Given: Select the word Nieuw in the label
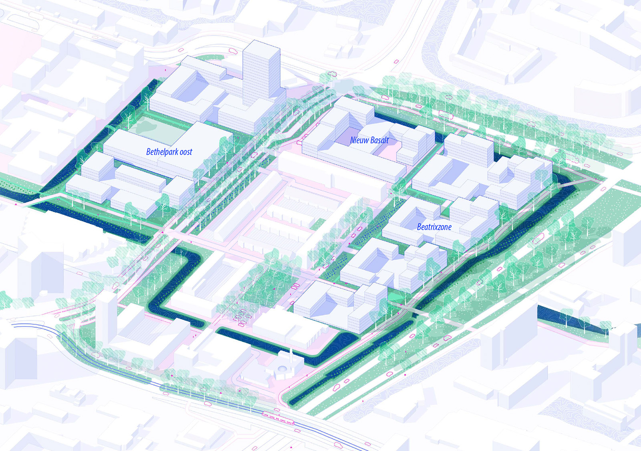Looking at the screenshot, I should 358,140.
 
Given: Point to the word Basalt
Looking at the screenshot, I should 379,140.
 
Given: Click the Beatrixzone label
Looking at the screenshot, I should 434,227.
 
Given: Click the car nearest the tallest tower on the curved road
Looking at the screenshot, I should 232,51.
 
